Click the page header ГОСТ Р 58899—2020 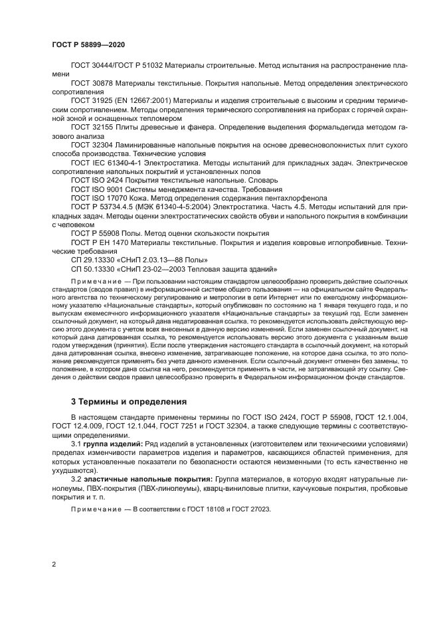click(x=88, y=44)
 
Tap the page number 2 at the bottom click(x=53, y=564)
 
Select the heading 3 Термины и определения click(x=120, y=401)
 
